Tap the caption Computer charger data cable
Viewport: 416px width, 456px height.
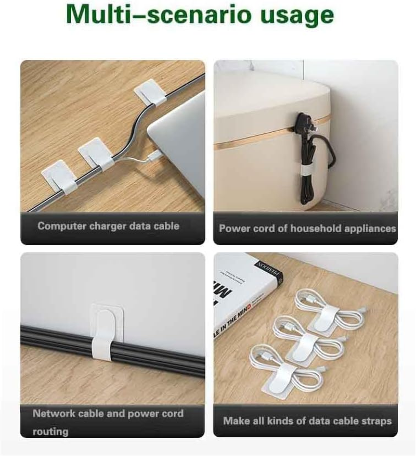tap(108, 226)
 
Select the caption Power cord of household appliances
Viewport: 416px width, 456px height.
tap(307, 228)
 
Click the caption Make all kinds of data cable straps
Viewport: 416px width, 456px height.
tap(307, 421)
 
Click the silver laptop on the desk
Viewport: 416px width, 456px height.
tap(179, 138)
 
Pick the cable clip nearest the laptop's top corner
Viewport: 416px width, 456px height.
tap(150, 92)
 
